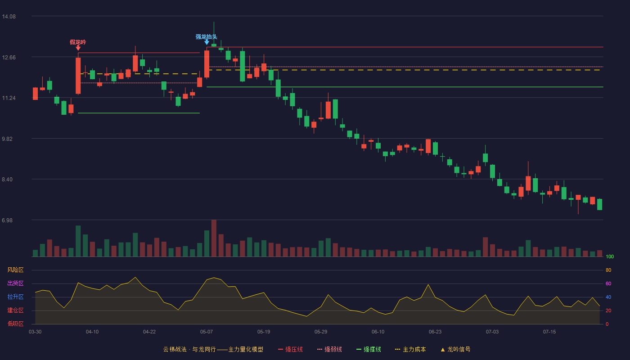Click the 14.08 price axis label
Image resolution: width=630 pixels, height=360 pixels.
(9, 17)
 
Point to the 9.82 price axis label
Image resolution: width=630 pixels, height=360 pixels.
(7, 139)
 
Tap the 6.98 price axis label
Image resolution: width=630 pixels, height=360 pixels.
(7, 220)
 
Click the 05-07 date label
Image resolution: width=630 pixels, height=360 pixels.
(207, 332)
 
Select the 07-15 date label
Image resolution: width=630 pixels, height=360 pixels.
(549, 332)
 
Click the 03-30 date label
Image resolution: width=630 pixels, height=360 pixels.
(35, 332)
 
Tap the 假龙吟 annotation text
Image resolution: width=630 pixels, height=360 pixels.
(78, 42)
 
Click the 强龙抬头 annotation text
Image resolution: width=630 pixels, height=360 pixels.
(207, 37)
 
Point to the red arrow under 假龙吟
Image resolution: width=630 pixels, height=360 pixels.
(78, 48)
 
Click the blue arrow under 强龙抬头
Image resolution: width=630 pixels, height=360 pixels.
(207, 42)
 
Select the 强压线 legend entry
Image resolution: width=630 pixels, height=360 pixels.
(290, 349)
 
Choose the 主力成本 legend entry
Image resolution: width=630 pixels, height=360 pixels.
(410, 349)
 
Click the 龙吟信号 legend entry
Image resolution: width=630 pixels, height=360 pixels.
(455, 349)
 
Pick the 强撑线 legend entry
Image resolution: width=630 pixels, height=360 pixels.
(369, 349)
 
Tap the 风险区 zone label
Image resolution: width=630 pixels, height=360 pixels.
(15, 270)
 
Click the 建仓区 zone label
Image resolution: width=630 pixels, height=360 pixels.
(15, 310)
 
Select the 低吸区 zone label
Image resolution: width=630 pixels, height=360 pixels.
(15, 324)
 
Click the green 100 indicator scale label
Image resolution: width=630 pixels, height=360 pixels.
(610, 256)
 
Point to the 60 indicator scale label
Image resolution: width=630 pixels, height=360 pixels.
(608, 283)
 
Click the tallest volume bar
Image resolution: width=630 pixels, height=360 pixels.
(214, 238)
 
